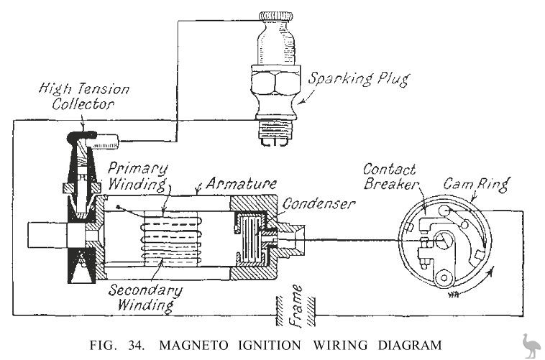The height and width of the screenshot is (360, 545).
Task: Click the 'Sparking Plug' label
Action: point(352,79)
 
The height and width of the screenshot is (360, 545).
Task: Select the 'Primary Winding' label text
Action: point(139,177)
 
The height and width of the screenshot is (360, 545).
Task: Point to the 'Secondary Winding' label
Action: point(145,297)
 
